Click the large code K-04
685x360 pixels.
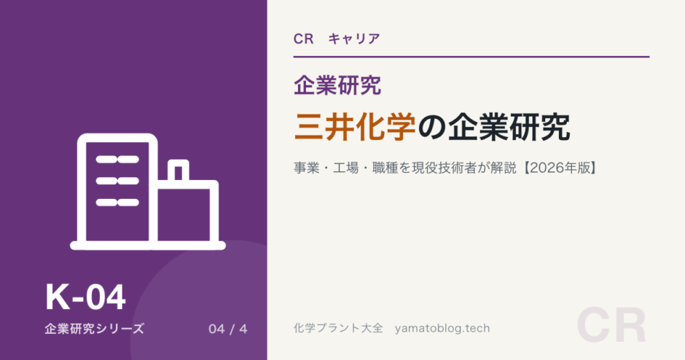[86, 297]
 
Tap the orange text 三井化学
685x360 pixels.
[355, 127]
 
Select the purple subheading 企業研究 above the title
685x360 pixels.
[337, 85]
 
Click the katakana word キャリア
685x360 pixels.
[354, 39]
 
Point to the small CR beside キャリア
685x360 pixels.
[304, 39]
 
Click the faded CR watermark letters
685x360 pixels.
[611, 326]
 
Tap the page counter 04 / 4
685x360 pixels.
[228, 329]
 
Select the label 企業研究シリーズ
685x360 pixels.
[94, 329]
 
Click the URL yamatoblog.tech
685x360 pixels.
[442, 328]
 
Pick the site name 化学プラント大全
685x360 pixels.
[339, 328]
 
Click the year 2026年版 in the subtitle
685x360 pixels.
[560, 168]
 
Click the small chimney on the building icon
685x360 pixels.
[179, 170]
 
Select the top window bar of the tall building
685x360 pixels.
[117, 160]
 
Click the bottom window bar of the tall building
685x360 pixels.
[117, 203]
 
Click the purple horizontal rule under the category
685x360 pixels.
[471, 57]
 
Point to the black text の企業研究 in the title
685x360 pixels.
[493, 127]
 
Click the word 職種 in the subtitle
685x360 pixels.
[385, 168]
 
